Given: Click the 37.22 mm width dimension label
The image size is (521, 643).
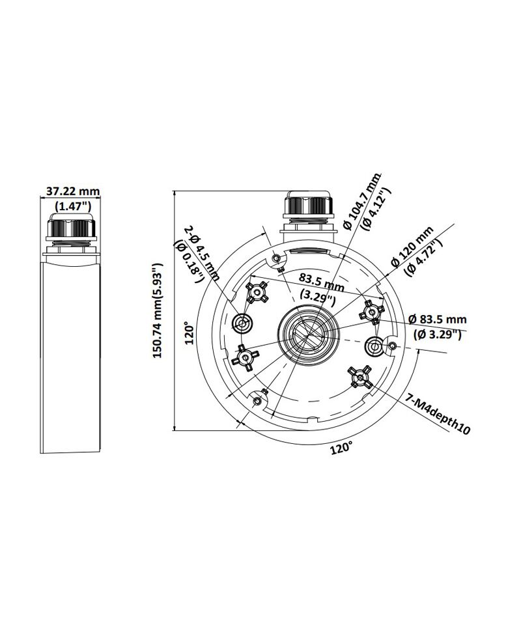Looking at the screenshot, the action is point(73,191).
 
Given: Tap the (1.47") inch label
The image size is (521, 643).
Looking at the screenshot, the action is point(73,205).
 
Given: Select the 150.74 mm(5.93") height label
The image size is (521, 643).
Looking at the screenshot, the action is point(158,310).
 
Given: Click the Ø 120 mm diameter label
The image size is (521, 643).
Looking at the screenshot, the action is point(412,245).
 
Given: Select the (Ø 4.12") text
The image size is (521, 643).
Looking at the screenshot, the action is point(373,208).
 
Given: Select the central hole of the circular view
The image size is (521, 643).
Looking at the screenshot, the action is point(309,332).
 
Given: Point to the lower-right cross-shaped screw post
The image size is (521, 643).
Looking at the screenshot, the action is point(359,377).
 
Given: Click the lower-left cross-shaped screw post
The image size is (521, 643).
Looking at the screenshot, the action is point(245,358).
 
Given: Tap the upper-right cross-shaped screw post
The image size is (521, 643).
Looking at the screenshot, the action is point(372,312).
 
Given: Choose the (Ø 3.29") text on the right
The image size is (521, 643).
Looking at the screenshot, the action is point(438,335).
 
